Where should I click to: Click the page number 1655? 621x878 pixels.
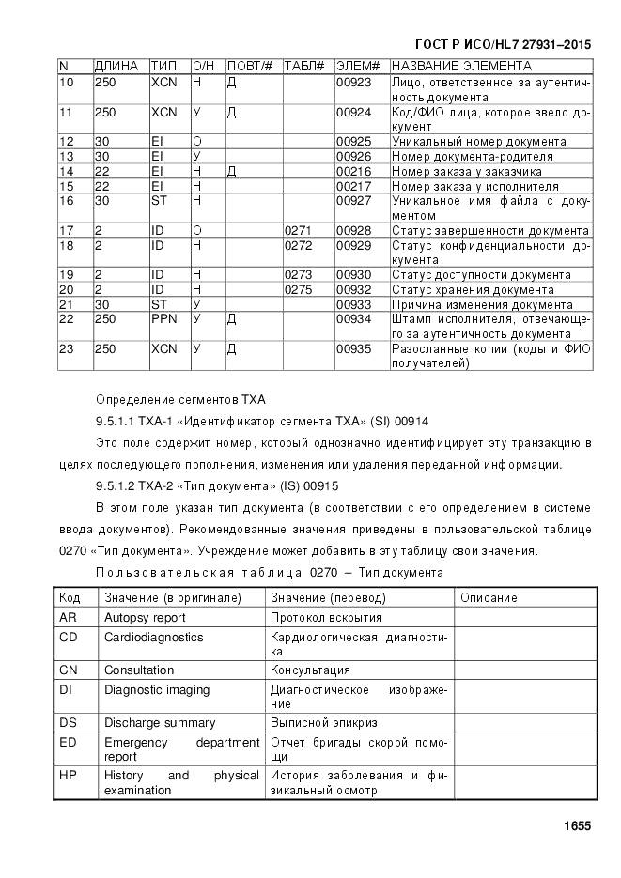pyautogui.click(x=577, y=826)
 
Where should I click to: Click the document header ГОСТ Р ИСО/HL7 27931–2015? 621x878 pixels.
pyautogui.click(x=503, y=44)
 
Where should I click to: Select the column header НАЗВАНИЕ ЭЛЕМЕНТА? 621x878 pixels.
pyautogui.click(x=461, y=67)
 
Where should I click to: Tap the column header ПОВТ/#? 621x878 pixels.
pyautogui.click(x=250, y=67)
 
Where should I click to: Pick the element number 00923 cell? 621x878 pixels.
pyautogui.click(x=353, y=83)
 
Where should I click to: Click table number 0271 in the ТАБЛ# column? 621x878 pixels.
pyautogui.click(x=298, y=231)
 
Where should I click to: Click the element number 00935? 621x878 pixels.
pyautogui.click(x=353, y=349)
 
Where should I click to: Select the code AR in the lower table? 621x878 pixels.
pyautogui.click(x=68, y=618)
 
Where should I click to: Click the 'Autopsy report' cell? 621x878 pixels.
pyautogui.click(x=145, y=618)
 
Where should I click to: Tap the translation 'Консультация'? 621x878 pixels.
pyautogui.click(x=311, y=670)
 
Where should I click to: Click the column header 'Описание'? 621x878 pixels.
pyautogui.click(x=489, y=598)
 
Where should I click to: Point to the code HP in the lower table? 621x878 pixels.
pyautogui.click(x=68, y=776)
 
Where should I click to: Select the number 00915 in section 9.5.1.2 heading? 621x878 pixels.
pyautogui.click(x=320, y=486)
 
